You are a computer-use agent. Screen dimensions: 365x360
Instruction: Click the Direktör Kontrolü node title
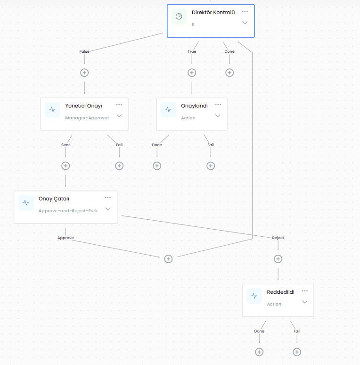(213, 12)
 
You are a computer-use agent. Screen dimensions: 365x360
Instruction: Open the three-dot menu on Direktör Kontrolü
(245, 11)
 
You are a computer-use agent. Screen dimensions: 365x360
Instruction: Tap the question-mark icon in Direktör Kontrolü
(179, 17)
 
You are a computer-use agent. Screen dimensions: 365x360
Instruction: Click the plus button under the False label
(84, 73)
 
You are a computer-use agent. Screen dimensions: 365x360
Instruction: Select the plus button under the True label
(192, 73)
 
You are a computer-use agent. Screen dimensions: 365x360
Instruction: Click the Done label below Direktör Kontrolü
(229, 51)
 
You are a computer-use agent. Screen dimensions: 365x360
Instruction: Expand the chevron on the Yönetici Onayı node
(119, 116)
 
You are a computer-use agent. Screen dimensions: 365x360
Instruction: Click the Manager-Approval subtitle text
(87, 118)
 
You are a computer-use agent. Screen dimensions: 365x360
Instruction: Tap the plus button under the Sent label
(65, 166)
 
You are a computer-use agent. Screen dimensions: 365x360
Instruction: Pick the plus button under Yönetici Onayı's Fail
(119, 166)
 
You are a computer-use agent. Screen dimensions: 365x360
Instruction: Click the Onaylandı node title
(194, 106)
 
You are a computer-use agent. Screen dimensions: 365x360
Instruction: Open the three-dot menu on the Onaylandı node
(218, 105)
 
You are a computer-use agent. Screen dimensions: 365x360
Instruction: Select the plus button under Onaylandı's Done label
(157, 166)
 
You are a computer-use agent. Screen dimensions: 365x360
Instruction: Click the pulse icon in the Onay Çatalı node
(26, 203)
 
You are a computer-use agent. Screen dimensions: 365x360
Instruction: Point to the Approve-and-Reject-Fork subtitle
(68, 211)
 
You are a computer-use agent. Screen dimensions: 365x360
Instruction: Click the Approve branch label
(65, 238)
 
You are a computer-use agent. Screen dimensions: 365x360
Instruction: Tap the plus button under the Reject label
(278, 259)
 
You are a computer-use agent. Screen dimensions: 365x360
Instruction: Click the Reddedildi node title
(280, 292)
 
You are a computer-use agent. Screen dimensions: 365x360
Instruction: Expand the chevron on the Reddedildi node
(305, 302)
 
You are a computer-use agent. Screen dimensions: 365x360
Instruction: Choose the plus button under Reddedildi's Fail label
(297, 352)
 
